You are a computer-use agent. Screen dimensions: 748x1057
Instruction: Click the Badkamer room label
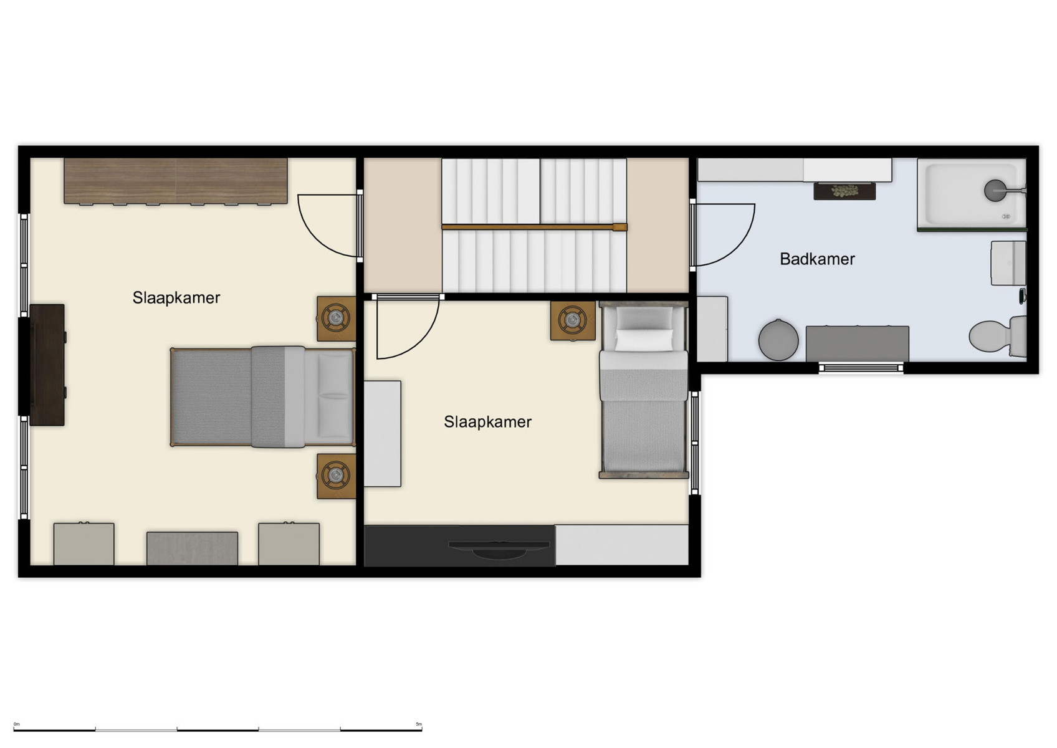[x=816, y=259]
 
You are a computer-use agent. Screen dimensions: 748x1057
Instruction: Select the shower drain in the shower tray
[x=994, y=190]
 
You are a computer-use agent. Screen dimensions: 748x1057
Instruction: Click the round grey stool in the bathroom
[x=778, y=340]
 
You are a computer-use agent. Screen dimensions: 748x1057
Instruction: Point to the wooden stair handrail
[x=533, y=228]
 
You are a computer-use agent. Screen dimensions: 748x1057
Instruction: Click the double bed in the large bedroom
[x=262, y=397]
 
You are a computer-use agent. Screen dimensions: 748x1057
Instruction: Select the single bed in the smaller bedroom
[x=644, y=390]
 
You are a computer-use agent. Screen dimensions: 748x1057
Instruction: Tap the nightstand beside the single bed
[x=572, y=321]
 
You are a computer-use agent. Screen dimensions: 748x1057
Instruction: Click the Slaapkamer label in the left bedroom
[x=176, y=297]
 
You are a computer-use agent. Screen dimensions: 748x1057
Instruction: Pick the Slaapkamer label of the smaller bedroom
[x=487, y=422]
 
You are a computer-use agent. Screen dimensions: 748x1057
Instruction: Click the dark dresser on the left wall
[x=47, y=365]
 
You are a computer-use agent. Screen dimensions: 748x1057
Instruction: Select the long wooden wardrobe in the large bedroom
[x=176, y=181]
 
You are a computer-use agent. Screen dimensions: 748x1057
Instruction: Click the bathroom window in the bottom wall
[x=861, y=368]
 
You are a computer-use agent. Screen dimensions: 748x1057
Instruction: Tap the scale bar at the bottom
[x=218, y=729]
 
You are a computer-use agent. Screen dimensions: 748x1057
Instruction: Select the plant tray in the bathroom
[x=844, y=191]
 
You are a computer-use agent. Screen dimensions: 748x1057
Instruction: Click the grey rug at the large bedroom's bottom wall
[x=192, y=548]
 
